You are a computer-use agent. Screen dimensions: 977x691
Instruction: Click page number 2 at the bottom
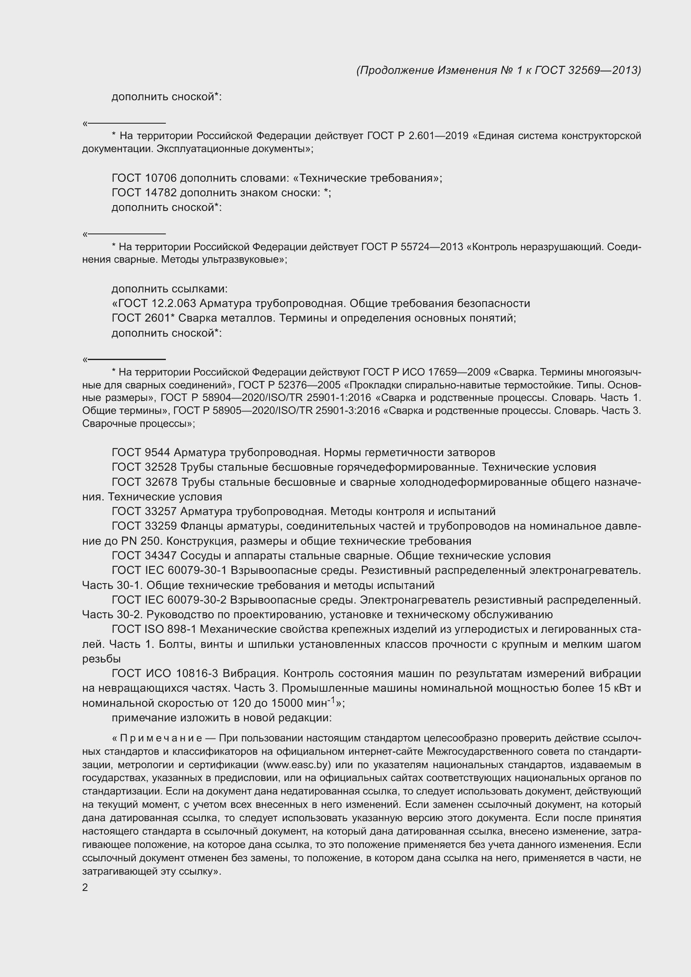point(85,887)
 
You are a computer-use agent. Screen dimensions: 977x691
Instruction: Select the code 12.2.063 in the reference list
point(175,303)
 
